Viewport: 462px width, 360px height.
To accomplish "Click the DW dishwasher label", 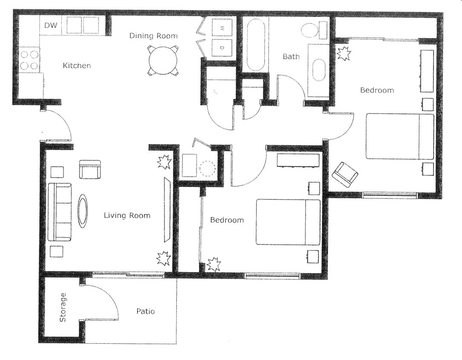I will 51,26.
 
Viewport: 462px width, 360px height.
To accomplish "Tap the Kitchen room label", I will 77,66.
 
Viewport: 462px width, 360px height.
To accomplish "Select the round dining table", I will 163,60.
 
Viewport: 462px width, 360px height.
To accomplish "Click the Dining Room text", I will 153,36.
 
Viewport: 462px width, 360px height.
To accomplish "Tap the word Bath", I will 291,56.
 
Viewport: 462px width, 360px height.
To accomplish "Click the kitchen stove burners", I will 29,60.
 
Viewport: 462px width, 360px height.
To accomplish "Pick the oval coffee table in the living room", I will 83,211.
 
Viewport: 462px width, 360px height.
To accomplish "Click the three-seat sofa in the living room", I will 59,212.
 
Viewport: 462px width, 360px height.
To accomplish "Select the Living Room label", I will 127,215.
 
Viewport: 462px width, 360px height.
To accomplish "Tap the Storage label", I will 63,307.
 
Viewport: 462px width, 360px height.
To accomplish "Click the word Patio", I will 145,311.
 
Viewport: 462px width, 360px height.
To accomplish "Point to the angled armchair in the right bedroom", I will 345,174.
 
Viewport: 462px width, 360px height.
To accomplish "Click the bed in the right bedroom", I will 399,136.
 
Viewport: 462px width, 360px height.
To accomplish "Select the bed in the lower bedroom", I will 288,222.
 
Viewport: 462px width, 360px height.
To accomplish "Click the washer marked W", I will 222,28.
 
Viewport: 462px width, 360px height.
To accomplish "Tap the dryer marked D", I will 222,47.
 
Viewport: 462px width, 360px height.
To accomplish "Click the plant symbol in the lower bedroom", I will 213,264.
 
